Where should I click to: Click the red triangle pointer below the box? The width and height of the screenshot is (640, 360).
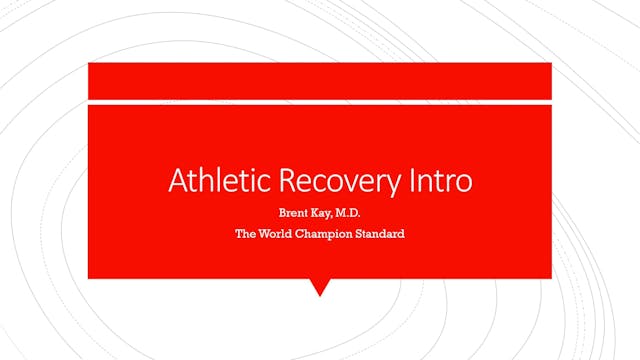point(320,286)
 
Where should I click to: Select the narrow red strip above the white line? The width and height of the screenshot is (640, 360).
point(320,80)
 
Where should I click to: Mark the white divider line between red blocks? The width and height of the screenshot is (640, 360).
point(320,100)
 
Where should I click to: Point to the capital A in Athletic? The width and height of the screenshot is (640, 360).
point(177,181)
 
